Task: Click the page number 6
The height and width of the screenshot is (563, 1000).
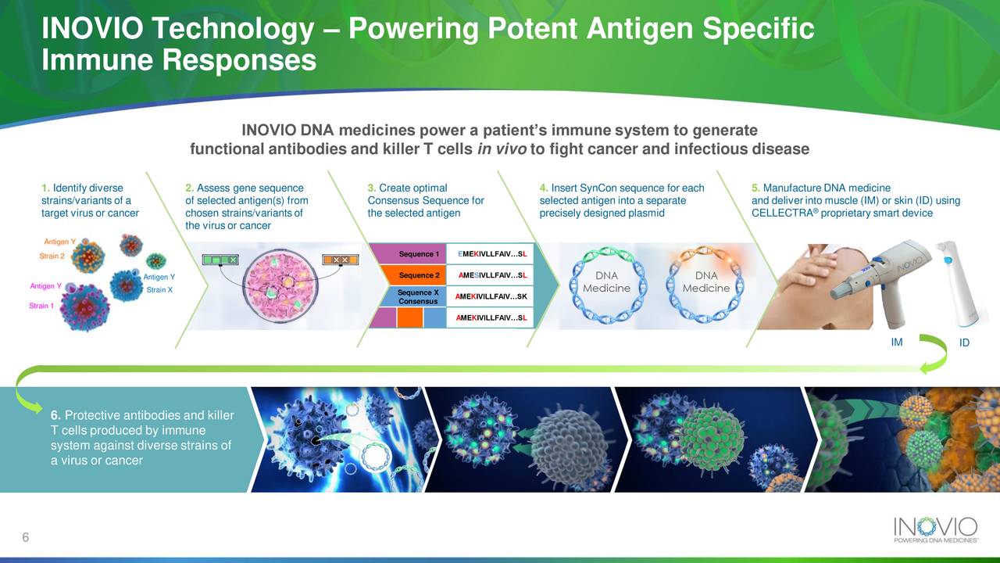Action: pos(26,537)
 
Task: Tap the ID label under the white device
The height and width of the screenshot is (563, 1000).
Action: pos(964,343)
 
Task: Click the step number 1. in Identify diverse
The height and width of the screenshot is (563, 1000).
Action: pos(45,188)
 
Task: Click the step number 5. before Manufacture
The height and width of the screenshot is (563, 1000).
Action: pos(755,188)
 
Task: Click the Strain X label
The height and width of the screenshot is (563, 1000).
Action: pos(159,290)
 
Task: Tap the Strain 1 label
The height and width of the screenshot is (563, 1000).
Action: pos(41,306)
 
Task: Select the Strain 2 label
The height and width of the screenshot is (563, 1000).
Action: pos(51,256)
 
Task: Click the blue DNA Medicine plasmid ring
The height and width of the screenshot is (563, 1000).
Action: pos(606,282)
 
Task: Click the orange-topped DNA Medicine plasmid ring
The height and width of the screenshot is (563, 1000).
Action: pos(705,282)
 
